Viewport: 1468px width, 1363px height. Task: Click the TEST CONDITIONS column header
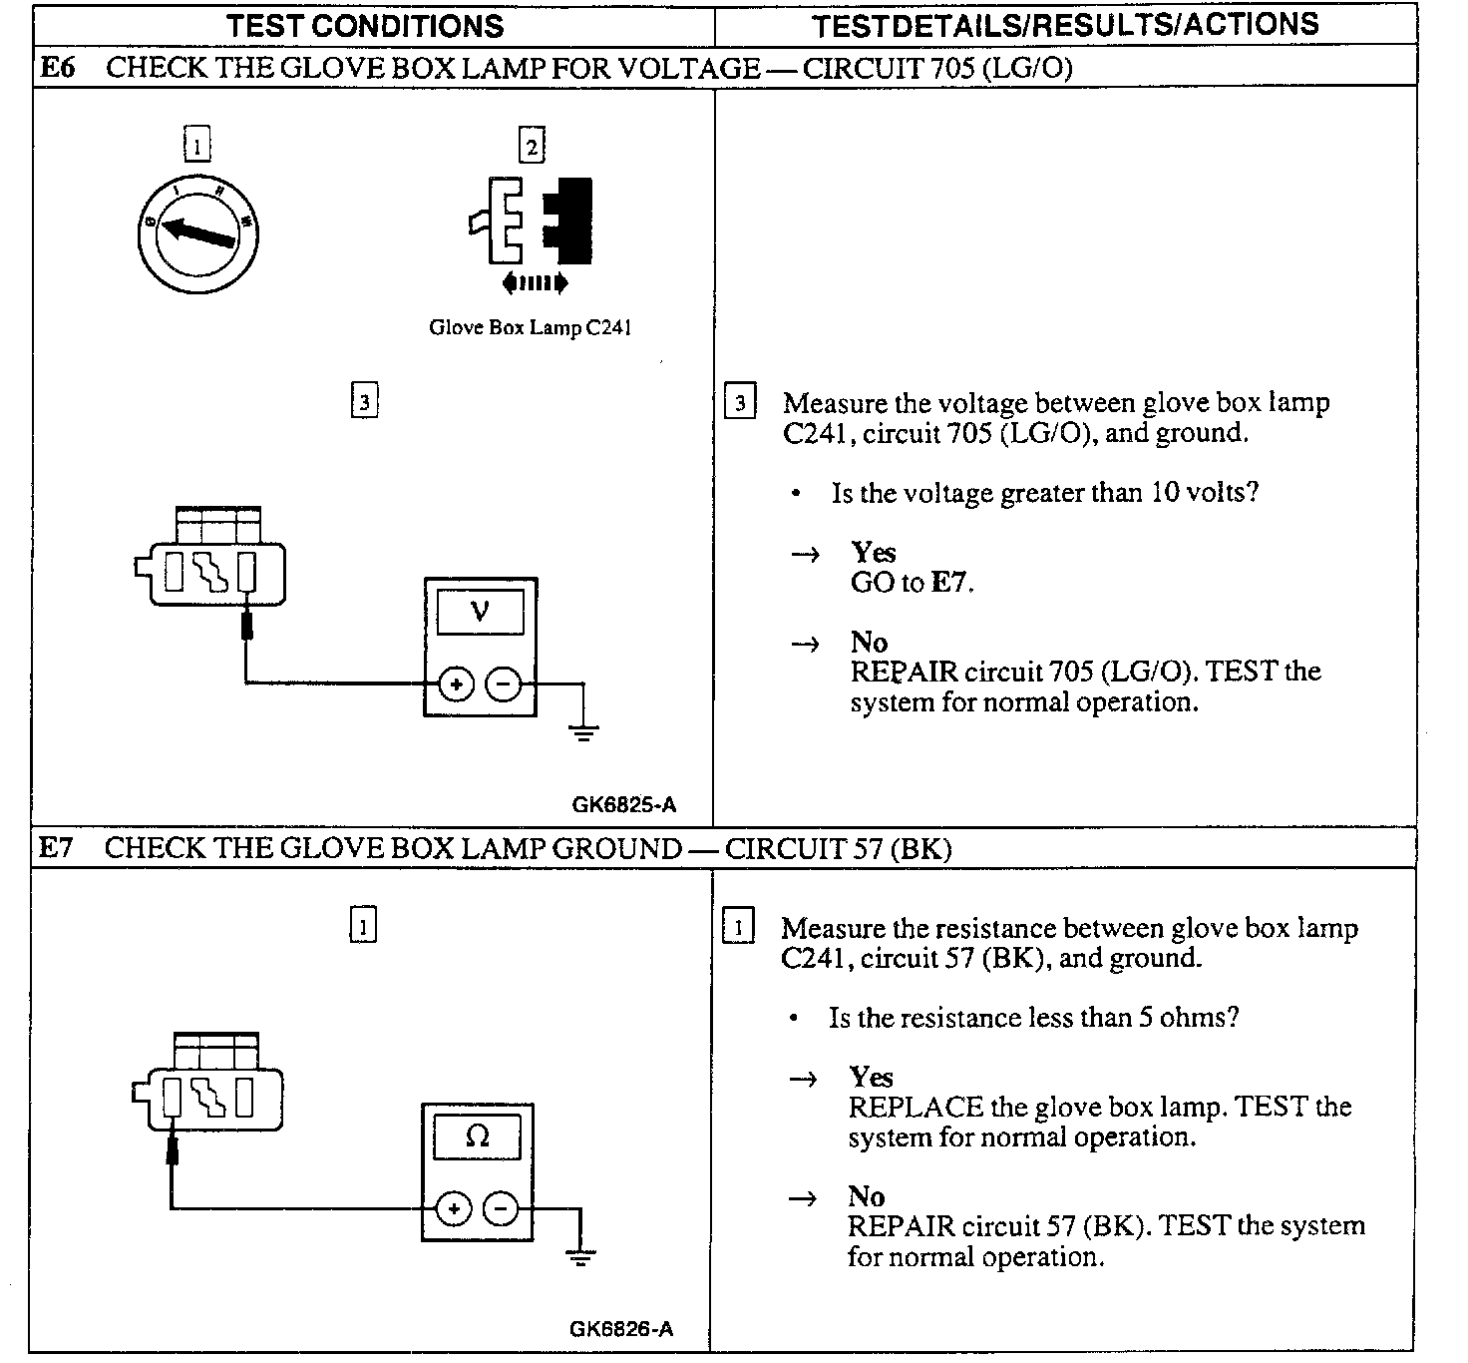365,25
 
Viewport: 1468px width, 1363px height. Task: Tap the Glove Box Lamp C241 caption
530,327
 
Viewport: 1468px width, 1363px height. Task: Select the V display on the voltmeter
480,611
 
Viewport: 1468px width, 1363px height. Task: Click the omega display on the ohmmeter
477,1136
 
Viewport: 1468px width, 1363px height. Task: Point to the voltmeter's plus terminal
456,684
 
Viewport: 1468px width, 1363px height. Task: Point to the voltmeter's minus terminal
504,684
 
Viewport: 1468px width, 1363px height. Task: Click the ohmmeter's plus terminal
453,1209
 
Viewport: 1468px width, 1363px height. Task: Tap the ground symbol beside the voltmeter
583,733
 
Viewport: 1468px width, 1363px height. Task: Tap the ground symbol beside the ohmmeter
579,1256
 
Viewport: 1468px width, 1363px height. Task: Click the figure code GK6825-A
624,804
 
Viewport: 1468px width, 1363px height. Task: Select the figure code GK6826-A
621,1328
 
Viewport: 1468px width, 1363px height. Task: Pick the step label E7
56,848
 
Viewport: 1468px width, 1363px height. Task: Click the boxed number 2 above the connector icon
532,147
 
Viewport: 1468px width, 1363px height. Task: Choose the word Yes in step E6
873,553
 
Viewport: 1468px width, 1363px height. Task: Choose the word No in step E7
866,1196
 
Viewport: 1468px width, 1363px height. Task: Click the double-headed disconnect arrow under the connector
536,283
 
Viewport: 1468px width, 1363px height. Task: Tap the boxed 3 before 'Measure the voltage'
739,403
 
